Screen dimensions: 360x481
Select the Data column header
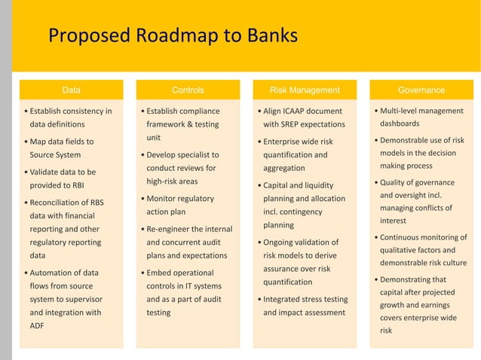[71, 90]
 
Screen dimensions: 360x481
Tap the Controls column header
[188, 90]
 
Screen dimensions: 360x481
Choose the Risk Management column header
[305, 90]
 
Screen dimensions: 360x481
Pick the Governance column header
[421, 90]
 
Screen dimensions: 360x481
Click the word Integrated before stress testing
[286, 298]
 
